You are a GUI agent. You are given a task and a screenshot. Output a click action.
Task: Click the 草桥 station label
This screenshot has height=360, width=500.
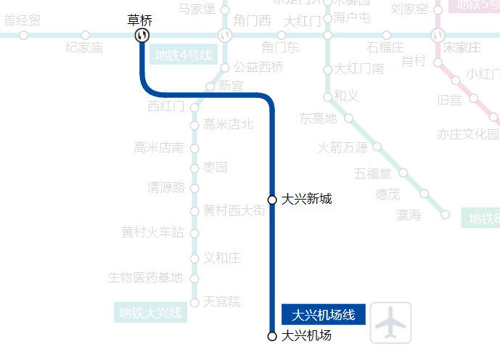pyautogui.click(x=142, y=20)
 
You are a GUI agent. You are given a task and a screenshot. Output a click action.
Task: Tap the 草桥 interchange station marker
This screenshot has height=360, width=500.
pyautogui.click(x=142, y=35)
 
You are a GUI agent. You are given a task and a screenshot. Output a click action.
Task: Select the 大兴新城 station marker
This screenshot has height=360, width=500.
pyautogui.click(x=272, y=200)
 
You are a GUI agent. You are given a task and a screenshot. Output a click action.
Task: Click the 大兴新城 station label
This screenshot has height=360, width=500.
pyautogui.click(x=307, y=199)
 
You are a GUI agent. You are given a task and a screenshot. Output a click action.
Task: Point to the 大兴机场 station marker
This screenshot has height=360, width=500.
pyautogui.click(x=272, y=336)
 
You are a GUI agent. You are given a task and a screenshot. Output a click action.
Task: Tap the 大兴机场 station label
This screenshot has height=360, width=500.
pyautogui.click(x=306, y=335)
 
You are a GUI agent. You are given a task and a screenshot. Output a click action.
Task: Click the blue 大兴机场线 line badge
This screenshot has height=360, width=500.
pyautogui.click(x=323, y=314)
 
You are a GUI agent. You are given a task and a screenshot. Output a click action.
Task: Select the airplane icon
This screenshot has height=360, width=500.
pyautogui.click(x=390, y=323)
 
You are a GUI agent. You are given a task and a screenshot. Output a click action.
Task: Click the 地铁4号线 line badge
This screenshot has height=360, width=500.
pyautogui.click(x=183, y=54)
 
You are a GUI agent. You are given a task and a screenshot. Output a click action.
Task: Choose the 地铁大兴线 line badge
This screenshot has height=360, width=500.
pyautogui.click(x=151, y=314)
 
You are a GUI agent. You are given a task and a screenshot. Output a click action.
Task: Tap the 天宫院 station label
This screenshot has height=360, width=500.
pyautogui.click(x=222, y=301)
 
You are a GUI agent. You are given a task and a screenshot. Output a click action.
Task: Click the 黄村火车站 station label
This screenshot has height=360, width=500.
pyautogui.click(x=152, y=232)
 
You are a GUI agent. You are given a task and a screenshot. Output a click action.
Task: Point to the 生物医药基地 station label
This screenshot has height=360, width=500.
pyautogui.click(x=145, y=277)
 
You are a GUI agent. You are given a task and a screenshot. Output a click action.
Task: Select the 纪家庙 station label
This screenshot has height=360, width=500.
pyautogui.click(x=84, y=48)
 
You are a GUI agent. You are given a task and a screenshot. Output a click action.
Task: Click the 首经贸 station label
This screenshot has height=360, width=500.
pyautogui.click(x=22, y=20)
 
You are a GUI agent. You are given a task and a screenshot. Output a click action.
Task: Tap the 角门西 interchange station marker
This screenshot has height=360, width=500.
pyautogui.click(x=225, y=35)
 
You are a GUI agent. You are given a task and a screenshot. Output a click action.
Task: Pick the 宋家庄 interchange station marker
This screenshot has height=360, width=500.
pyautogui.click(x=437, y=35)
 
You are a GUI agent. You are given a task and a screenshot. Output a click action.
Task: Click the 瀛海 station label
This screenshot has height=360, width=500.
pyautogui.click(x=409, y=215)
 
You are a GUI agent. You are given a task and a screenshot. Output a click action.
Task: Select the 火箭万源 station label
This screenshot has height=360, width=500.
pyautogui.click(x=343, y=147)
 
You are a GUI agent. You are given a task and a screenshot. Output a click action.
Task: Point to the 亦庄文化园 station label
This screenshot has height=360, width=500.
pyautogui.click(x=468, y=134)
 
